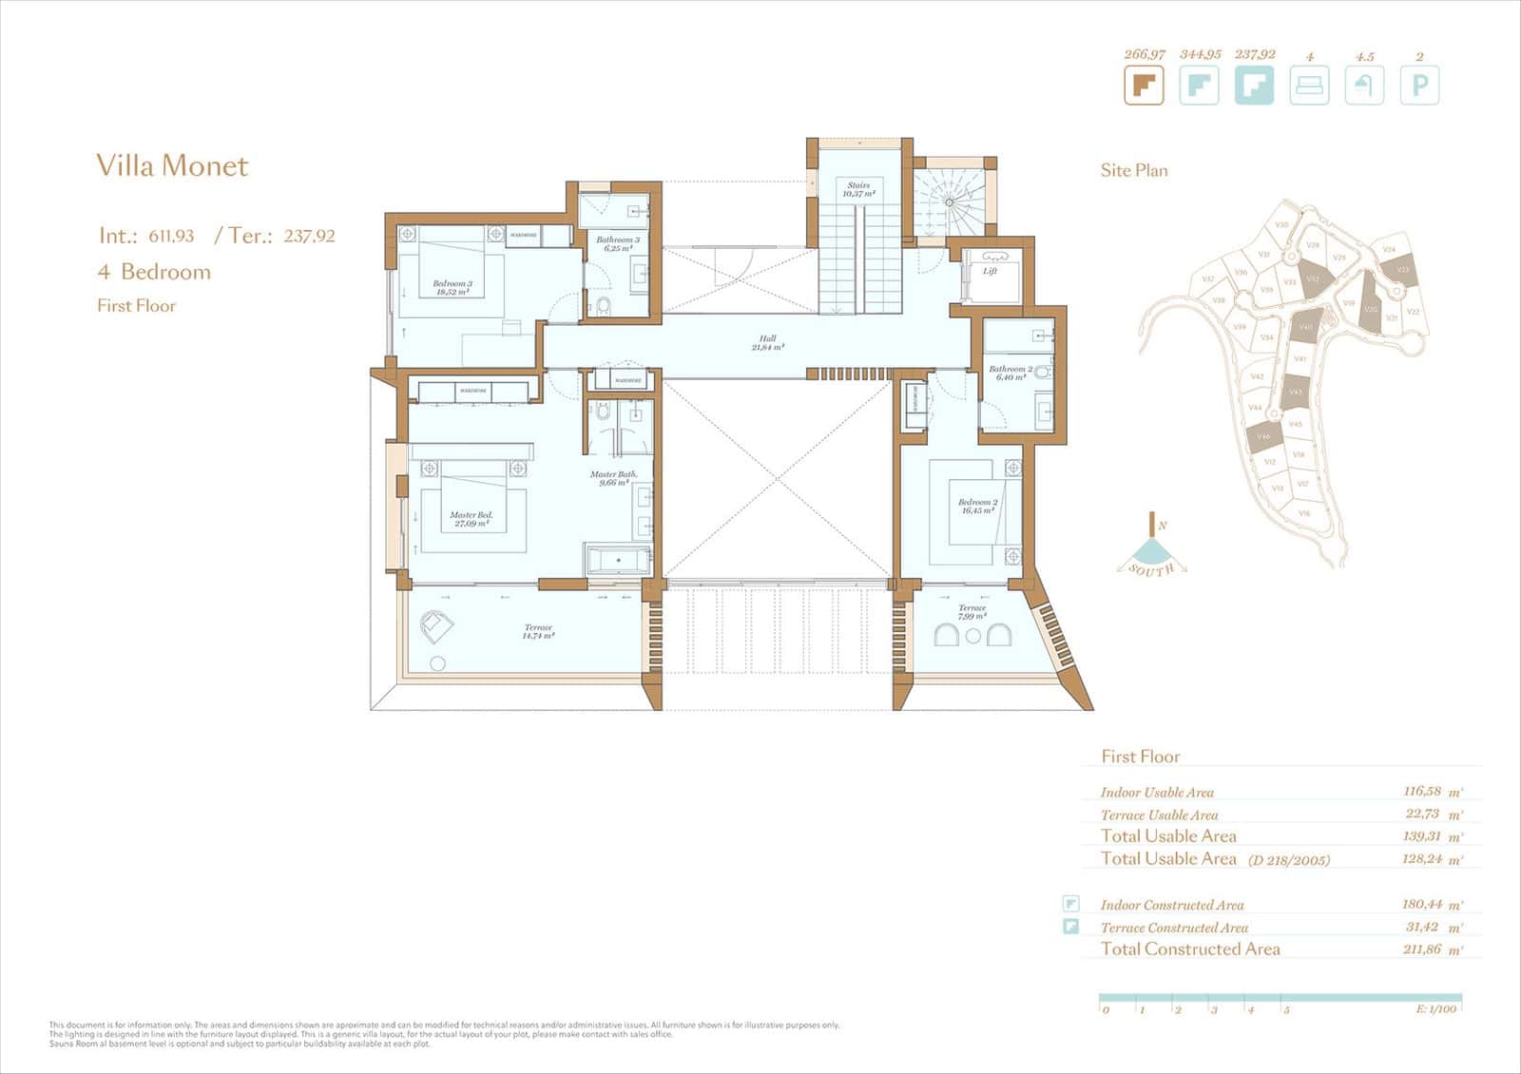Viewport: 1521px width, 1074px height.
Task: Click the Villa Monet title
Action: tap(172, 165)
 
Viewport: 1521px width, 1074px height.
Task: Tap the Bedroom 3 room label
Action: tap(452, 287)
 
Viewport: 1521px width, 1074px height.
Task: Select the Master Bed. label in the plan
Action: tap(471, 519)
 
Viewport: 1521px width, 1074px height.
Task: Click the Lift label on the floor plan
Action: tap(990, 271)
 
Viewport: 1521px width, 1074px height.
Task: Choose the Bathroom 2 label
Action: tap(1010, 373)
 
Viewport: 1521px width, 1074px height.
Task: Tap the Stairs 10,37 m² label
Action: tap(858, 189)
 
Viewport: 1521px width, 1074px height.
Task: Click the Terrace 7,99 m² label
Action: tap(972, 611)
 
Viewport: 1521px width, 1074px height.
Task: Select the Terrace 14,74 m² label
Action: tap(538, 632)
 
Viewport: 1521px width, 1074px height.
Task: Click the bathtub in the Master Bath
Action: tap(619, 561)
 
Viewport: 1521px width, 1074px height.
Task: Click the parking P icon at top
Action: tap(1419, 86)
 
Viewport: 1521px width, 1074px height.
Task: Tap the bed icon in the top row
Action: tap(1309, 86)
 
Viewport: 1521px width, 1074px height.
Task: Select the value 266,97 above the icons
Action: tap(1145, 54)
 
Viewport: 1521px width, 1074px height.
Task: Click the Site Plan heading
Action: tap(1134, 171)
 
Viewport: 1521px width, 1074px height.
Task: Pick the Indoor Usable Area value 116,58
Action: tap(1421, 791)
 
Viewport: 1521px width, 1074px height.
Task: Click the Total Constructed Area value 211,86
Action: tap(1421, 949)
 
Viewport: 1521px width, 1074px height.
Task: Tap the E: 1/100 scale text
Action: tap(1436, 1009)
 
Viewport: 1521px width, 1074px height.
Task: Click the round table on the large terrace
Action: tap(438, 664)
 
